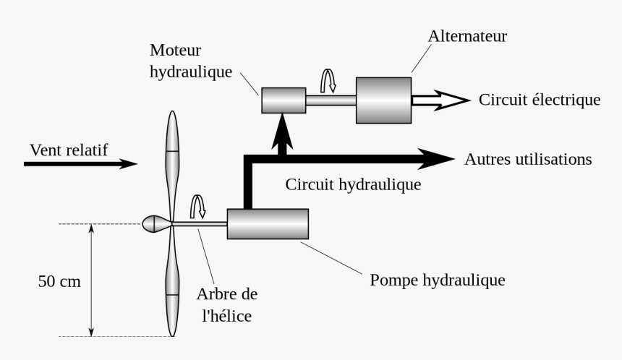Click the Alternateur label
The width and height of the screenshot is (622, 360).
pos(467,35)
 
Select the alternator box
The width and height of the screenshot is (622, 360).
pos(383,100)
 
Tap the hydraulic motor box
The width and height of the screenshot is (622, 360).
pos(283,100)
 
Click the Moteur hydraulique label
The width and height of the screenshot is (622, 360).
pos(191,61)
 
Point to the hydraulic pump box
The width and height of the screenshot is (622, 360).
pos(268,223)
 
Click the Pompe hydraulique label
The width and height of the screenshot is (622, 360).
pos(437,279)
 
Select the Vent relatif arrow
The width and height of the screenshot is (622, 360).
pos(80,164)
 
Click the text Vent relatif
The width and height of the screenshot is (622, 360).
pos(69,150)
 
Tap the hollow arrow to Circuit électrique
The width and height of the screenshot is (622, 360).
pos(440,100)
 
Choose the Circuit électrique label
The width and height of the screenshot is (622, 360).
pos(539,100)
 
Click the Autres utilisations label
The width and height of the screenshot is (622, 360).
pos(528,158)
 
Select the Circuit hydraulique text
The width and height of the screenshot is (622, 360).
pos(353,184)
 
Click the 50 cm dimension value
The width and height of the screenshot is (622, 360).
pos(59,281)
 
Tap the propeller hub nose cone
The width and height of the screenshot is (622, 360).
pos(154,224)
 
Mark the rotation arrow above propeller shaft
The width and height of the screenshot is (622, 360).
pos(197,207)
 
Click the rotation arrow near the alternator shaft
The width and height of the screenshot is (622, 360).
pos(328,80)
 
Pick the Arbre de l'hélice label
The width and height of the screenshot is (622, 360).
pos(226,304)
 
